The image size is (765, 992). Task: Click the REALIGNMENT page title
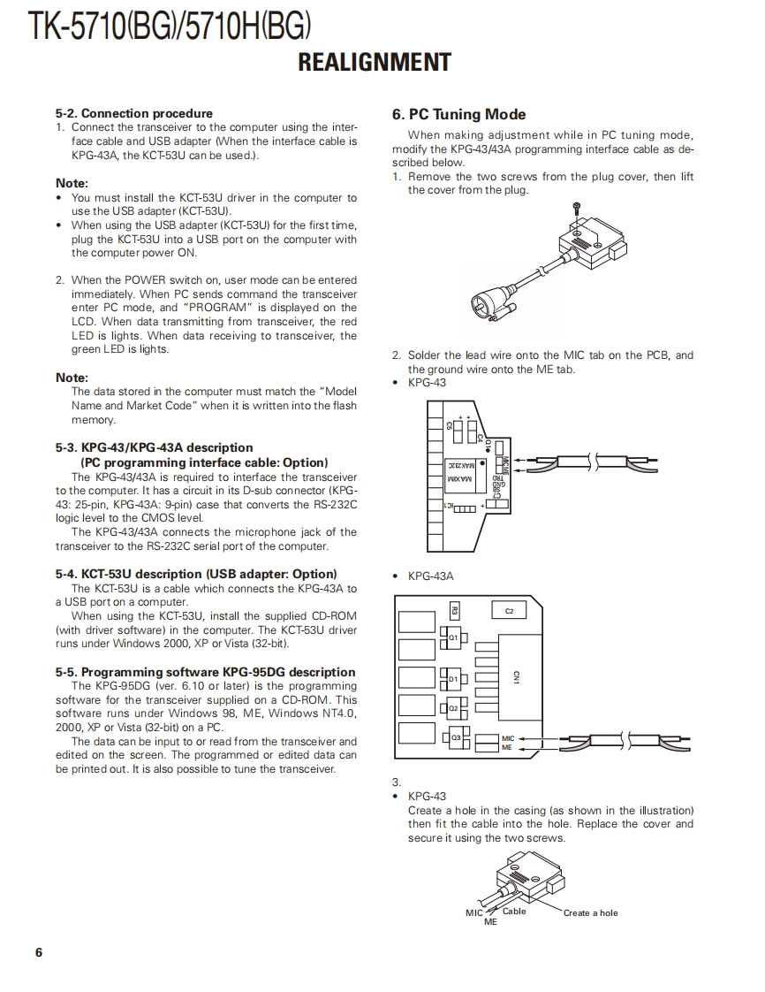(375, 63)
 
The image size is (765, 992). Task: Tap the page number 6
(38, 952)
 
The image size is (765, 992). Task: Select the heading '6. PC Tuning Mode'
(458, 115)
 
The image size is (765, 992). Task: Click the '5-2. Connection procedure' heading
(133, 113)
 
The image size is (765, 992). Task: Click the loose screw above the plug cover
(575, 208)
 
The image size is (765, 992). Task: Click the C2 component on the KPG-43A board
(510, 611)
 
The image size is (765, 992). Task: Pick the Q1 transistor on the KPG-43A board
(451, 636)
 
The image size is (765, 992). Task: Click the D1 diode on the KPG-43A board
(451, 679)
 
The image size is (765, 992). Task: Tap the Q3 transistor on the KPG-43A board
(455, 736)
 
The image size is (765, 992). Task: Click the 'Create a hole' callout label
(590, 913)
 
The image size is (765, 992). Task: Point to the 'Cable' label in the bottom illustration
(514, 912)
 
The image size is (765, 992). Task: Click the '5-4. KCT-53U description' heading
(195, 574)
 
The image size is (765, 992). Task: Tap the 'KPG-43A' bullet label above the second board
(430, 576)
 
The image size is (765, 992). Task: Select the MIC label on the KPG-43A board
(507, 738)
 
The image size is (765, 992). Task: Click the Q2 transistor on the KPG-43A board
(451, 707)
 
